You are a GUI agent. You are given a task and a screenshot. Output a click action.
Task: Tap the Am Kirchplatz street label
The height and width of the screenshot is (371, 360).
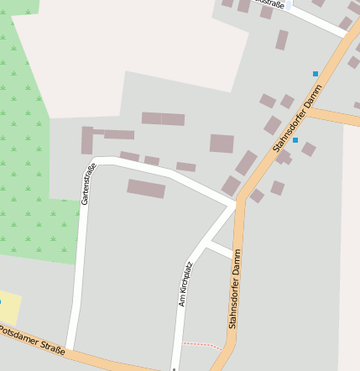[x=185, y=284]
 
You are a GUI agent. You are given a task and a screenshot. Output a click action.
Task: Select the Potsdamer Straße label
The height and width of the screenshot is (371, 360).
[x=32, y=340]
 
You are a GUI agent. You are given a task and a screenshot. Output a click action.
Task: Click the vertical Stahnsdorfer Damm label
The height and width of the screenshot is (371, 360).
[x=235, y=288]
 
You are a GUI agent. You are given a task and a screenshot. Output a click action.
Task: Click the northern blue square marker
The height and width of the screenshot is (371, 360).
[x=316, y=74]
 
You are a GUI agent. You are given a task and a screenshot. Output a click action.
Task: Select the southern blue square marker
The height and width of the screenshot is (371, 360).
[x=295, y=139]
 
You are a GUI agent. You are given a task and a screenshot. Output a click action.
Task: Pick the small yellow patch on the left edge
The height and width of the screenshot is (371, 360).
[x=10, y=307]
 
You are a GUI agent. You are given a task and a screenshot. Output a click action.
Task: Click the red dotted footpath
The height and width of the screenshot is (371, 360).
[x=202, y=344]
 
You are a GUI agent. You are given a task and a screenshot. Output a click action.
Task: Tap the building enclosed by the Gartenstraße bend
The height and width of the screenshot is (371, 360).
[x=146, y=188]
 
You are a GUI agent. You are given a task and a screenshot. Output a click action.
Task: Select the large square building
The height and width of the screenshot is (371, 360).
[x=222, y=144]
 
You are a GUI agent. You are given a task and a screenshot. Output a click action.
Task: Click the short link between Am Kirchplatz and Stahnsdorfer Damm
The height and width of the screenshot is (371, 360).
[x=219, y=250]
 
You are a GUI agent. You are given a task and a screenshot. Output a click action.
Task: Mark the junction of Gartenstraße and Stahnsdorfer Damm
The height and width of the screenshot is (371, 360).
[x=237, y=203]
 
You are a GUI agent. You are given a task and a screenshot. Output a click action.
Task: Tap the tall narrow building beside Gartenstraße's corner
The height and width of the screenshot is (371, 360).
[x=86, y=140]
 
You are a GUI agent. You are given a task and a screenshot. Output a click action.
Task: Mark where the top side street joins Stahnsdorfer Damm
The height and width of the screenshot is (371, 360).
[x=344, y=34]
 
